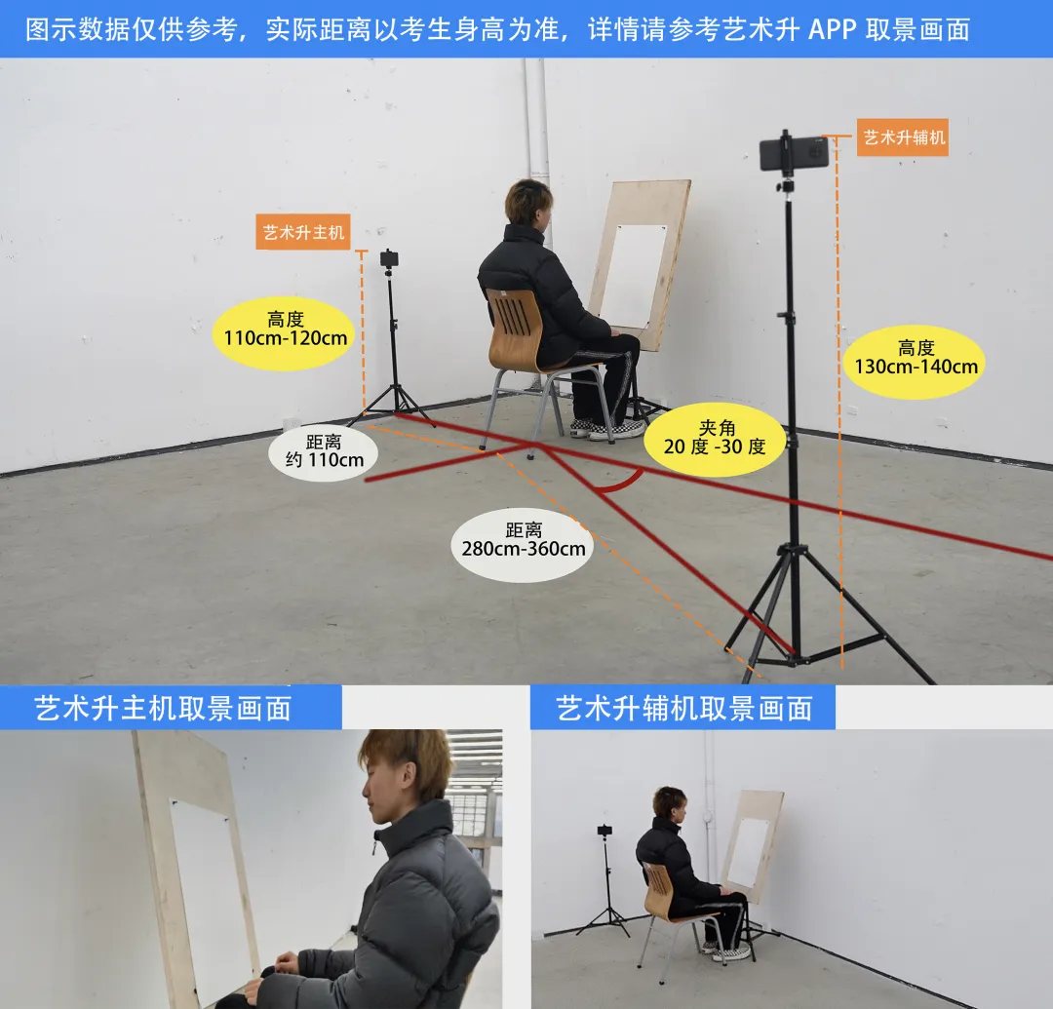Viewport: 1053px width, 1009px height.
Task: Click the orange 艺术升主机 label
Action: click(x=303, y=232)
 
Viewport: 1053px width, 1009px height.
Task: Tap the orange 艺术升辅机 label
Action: click(x=903, y=137)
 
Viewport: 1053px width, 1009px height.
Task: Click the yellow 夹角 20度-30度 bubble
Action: click(x=715, y=439)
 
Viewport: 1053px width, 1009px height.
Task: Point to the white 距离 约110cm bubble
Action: click(x=324, y=451)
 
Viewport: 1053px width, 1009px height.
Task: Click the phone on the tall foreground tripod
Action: click(x=793, y=153)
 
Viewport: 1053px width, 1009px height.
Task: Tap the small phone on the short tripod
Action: click(x=389, y=257)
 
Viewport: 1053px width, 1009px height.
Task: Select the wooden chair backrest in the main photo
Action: click(x=515, y=326)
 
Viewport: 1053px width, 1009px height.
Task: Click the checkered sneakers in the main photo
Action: click(x=607, y=428)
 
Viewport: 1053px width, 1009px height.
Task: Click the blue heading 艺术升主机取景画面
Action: click(x=163, y=708)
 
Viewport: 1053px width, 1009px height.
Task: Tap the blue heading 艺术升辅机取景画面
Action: click(x=684, y=708)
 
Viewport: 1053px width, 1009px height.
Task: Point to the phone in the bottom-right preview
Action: click(x=605, y=830)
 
